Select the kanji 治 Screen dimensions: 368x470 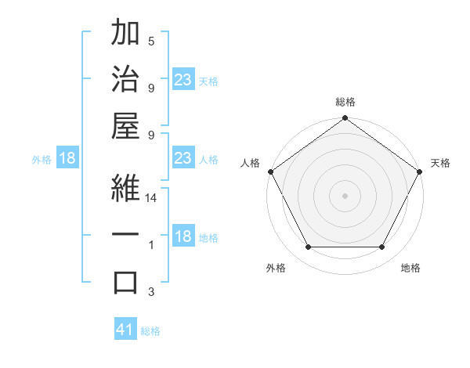pos(126,79)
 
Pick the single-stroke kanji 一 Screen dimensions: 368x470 pos(126,236)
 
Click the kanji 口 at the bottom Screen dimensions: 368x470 pos(126,283)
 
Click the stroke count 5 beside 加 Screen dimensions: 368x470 pos(151,41)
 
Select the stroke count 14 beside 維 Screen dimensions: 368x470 pos(151,198)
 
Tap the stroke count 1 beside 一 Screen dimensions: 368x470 pos(151,245)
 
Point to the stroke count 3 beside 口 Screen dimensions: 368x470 pos(151,292)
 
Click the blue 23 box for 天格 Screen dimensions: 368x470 pos(183,80)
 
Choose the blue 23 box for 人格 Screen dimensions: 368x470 pos(183,158)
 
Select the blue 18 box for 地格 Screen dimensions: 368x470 pos(183,237)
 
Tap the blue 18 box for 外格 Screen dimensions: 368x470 pos(67,158)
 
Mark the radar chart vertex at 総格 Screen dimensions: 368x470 pos(345,118)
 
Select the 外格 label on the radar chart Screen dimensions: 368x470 pos(276,269)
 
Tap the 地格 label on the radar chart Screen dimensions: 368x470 pos(410,269)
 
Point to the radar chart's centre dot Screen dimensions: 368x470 pos(345,195)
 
